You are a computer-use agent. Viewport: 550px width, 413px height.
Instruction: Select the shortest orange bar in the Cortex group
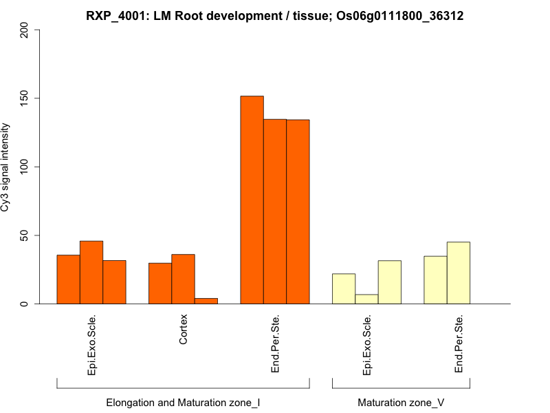click(206, 301)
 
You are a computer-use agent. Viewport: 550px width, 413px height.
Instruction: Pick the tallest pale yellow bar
click(459, 273)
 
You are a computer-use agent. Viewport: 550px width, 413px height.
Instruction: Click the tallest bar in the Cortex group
click(183, 279)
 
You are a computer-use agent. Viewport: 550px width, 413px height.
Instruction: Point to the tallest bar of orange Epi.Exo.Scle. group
click(91, 272)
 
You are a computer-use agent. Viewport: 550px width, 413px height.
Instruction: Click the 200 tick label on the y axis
click(25, 30)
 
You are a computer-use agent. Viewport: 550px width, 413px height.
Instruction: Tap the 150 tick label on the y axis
click(25, 98)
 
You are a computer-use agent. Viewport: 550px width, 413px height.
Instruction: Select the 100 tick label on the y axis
click(25, 167)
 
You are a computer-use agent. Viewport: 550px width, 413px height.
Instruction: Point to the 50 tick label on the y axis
click(25, 235)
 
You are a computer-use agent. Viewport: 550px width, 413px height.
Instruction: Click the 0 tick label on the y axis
click(25, 304)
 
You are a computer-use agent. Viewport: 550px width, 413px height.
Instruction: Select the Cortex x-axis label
click(183, 330)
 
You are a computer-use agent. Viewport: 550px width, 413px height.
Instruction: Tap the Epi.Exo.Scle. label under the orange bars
click(91, 345)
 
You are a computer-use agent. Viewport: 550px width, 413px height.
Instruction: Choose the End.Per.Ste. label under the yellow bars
click(459, 344)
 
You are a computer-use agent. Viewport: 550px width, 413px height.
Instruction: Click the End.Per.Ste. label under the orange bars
click(275, 344)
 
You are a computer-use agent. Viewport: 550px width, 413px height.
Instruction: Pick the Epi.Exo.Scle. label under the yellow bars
click(366, 345)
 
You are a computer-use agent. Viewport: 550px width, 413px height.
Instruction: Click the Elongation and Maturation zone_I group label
click(183, 402)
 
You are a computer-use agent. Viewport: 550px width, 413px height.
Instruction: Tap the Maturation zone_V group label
click(401, 402)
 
